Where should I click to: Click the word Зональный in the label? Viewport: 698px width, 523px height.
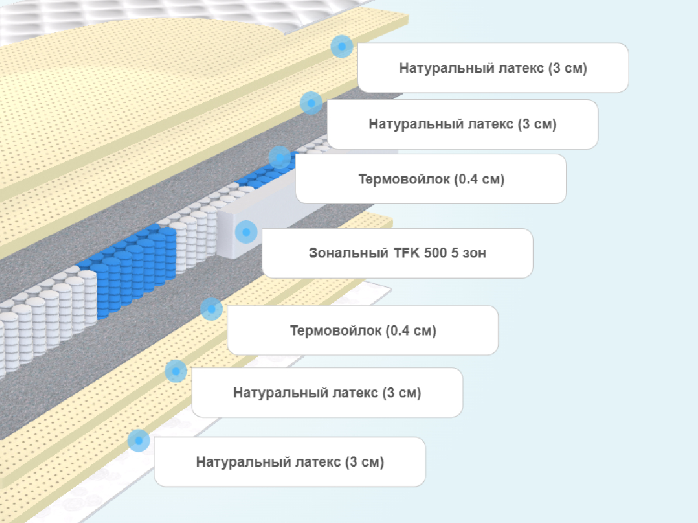(348, 253)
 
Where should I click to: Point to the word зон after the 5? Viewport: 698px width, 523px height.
(475, 253)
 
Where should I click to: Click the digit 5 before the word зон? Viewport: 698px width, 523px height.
(455, 253)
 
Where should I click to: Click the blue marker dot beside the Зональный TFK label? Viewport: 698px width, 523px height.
(246, 232)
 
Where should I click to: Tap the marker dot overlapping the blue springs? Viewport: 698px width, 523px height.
(280, 158)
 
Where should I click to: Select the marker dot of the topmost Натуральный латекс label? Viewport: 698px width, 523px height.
(342, 46)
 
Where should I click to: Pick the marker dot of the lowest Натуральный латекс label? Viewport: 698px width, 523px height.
(139, 441)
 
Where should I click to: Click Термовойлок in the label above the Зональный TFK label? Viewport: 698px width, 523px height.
(404, 179)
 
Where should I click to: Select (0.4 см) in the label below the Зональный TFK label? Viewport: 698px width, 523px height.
(411, 330)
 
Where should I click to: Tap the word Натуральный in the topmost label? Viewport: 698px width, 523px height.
(447, 68)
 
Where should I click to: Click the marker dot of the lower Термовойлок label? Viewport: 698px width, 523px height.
(211, 309)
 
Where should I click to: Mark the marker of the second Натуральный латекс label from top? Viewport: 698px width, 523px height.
(311, 103)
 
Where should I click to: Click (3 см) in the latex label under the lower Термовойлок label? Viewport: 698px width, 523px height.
(402, 393)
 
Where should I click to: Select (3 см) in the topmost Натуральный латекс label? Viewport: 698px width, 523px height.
(568, 68)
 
